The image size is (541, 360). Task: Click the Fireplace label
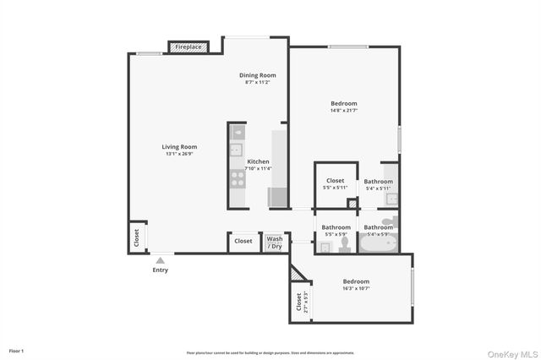(x=189, y=47)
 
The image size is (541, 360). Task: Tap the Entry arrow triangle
(x=160, y=260)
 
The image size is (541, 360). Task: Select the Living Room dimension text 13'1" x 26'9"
(x=179, y=154)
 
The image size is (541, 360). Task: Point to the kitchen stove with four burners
(x=238, y=178)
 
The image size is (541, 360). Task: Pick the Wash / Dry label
(x=275, y=242)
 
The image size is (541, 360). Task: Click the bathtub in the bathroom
(x=378, y=244)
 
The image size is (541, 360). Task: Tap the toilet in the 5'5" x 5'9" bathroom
(x=345, y=244)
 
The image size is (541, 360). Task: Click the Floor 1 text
(x=16, y=350)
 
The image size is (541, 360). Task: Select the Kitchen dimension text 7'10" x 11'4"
(x=258, y=168)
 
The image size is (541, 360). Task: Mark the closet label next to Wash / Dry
(x=243, y=241)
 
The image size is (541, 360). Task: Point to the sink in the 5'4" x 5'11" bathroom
(x=391, y=199)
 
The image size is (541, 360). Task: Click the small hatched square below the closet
(x=352, y=203)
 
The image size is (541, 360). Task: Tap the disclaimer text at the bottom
(x=270, y=352)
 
